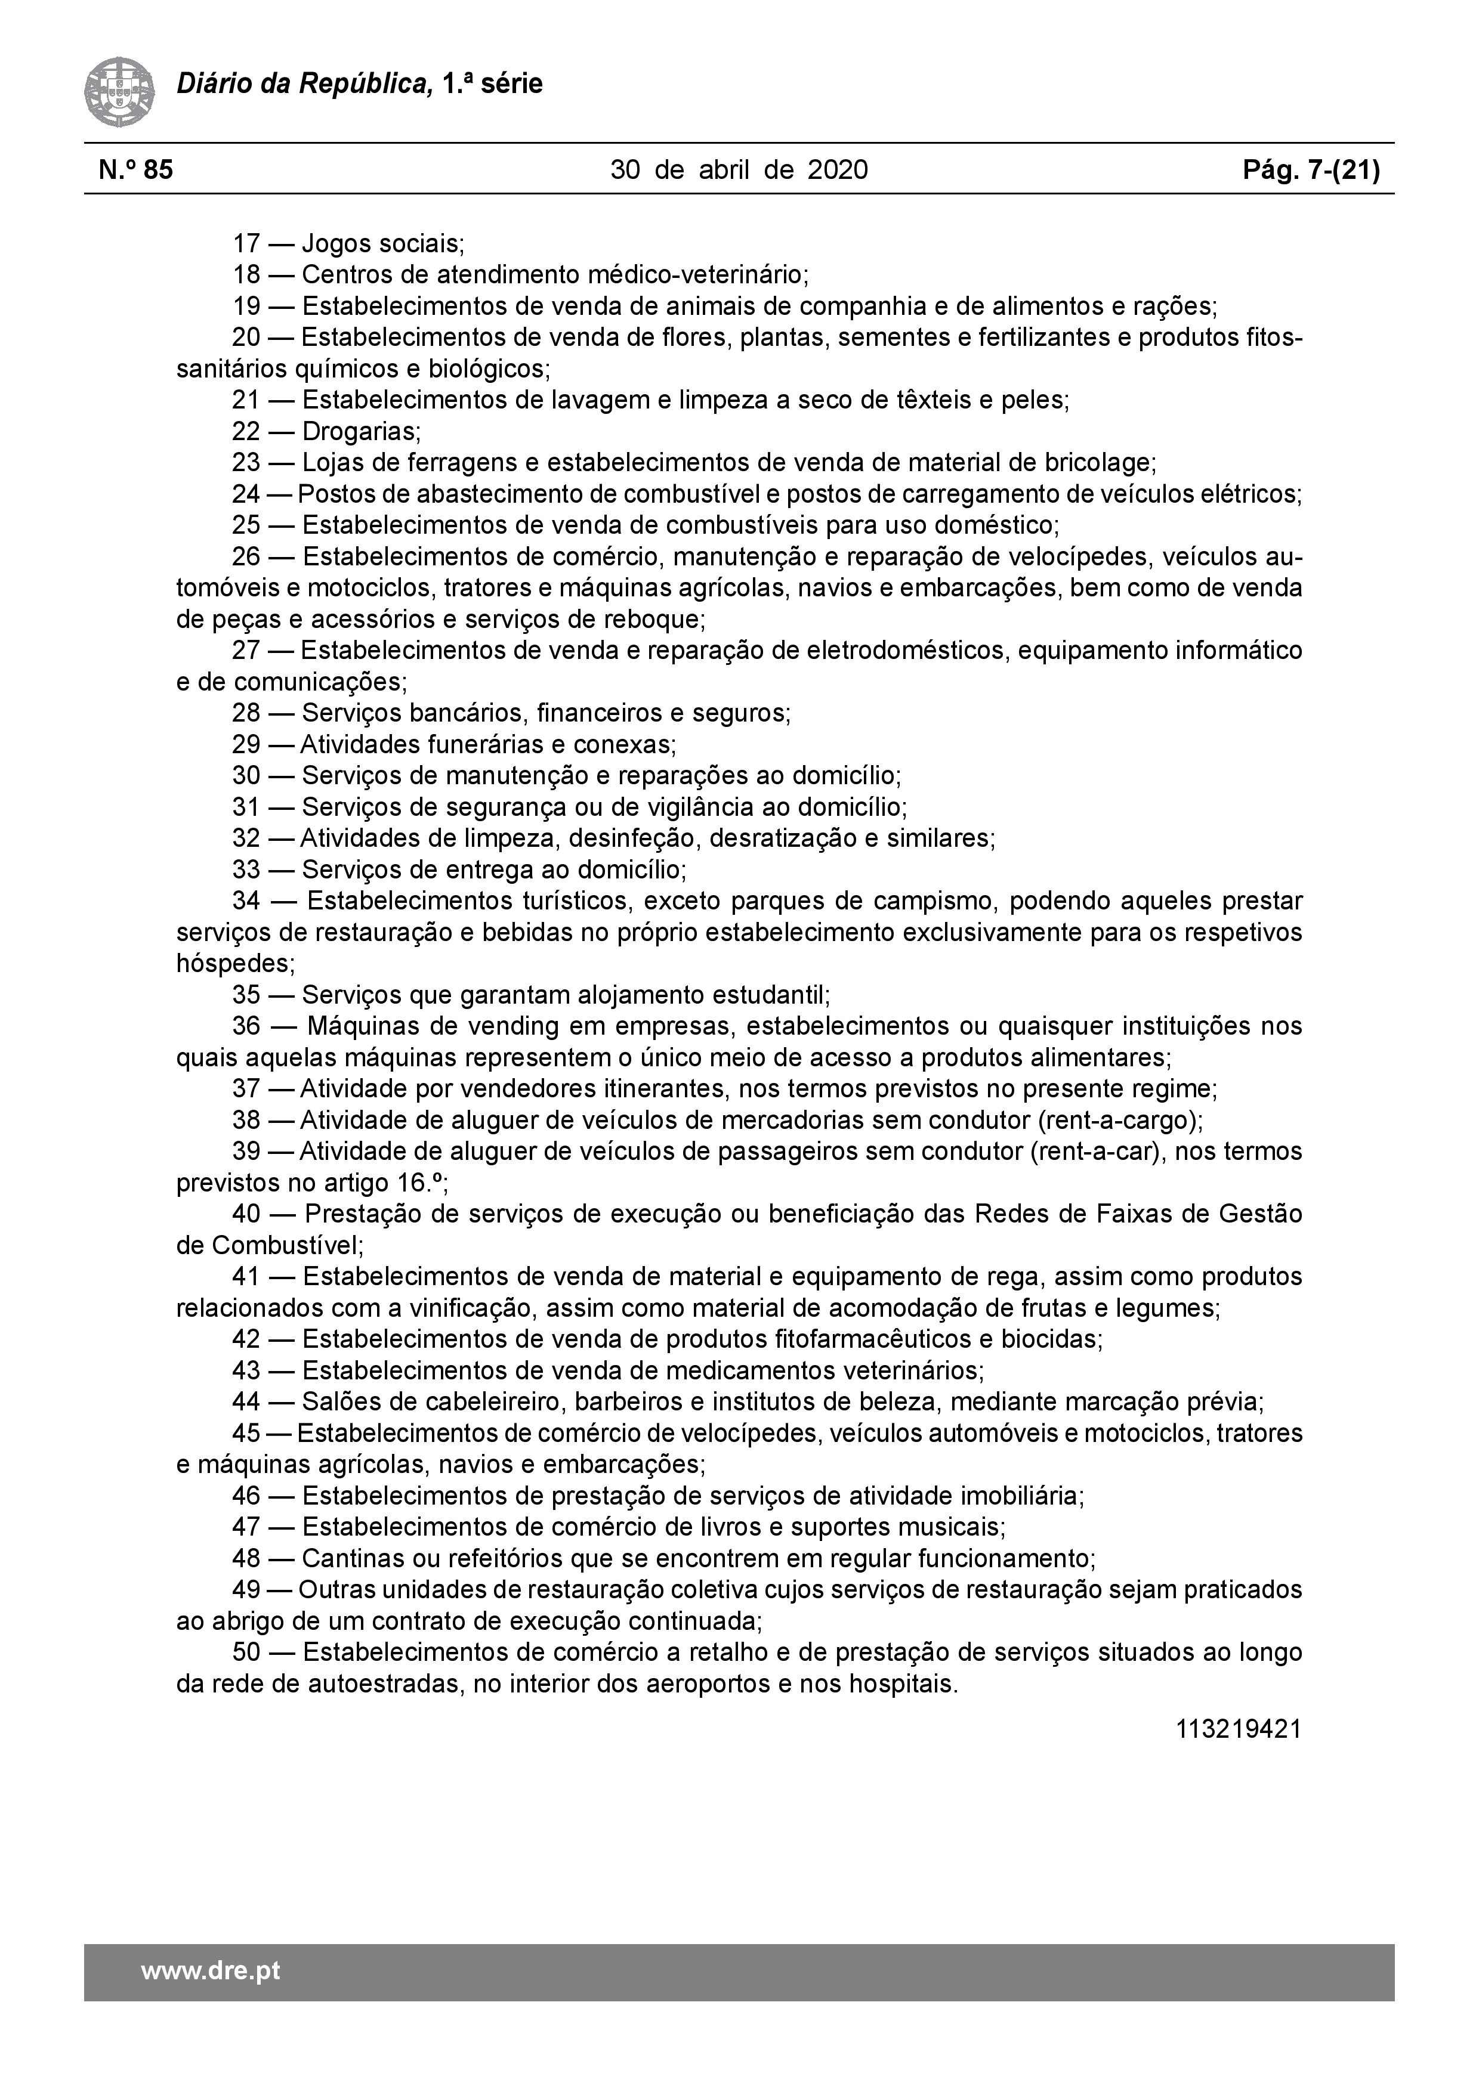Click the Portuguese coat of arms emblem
point(119,92)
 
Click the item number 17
point(246,244)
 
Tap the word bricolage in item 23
point(1096,463)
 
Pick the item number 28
point(246,713)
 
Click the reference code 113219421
point(1239,1728)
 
